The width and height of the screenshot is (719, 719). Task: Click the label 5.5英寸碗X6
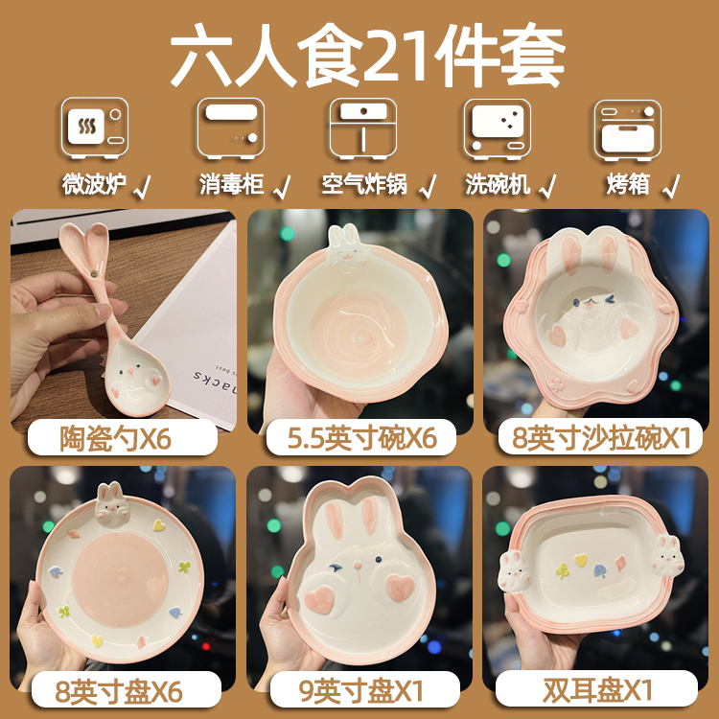tap(361, 438)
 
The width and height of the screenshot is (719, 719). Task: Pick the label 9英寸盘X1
tap(361, 688)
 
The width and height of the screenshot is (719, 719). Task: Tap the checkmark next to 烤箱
tap(672, 183)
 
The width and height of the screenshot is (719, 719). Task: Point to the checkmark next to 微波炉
tap(143, 183)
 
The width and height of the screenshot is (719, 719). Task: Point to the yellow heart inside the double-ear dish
tap(580, 559)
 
